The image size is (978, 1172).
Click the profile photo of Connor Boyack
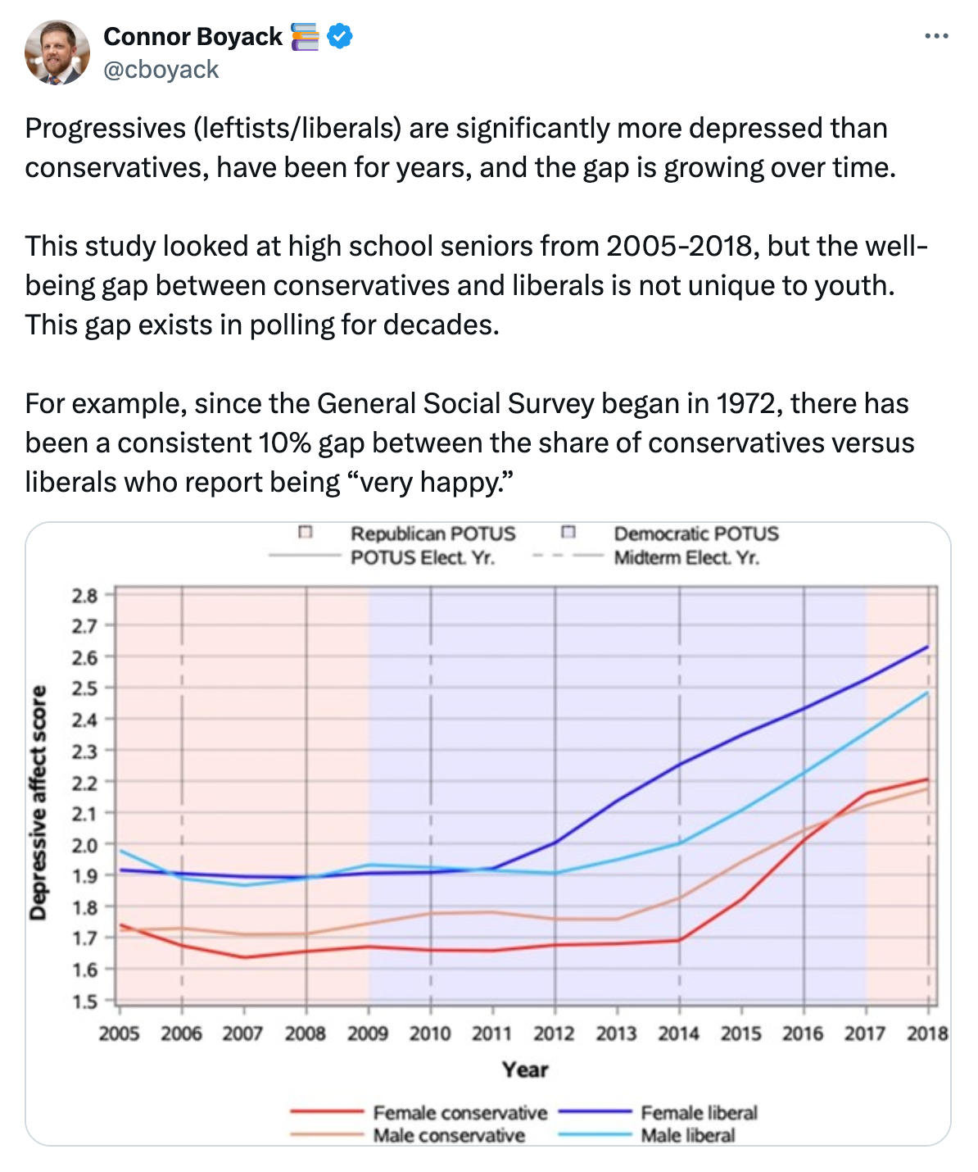point(57,52)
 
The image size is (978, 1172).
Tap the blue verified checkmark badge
point(340,37)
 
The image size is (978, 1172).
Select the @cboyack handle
point(161,70)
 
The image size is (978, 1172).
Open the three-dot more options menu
point(936,36)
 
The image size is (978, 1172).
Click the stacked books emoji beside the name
point(305,37)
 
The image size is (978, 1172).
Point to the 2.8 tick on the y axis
point(84,596)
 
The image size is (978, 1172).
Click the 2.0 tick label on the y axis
point(84,845)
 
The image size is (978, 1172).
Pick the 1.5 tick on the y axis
point(84,1002)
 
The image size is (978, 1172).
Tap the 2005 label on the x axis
point(119,1034)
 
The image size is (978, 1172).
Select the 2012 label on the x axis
point(554,1034)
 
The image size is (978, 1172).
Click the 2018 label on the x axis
point(927,1034)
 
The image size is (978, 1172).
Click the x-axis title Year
point(525,1070)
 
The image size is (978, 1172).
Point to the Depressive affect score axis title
point(38,802)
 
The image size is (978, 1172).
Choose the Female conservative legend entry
point(460,1113)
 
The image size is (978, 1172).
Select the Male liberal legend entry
point(687,1136)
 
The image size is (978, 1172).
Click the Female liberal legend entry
point(699,1113)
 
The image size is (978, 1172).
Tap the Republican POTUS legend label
point(432,534)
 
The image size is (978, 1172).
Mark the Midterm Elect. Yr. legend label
point(686,558)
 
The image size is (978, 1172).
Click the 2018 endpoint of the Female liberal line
point(928,647)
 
